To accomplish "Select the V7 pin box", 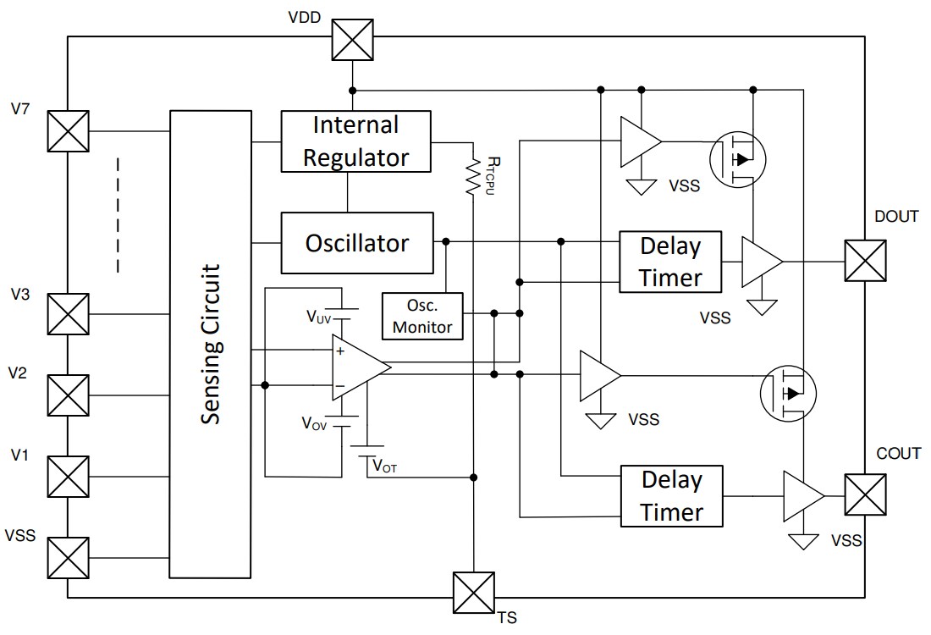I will tap(68, 131).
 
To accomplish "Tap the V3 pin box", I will tap(68, 314).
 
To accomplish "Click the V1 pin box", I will tap(68, 477).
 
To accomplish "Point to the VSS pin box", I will tap(68, 557).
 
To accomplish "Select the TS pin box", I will tap(473, 593).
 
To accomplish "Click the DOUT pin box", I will tap(865, 261).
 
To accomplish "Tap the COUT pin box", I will tap(865, 494).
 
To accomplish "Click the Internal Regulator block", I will tap(356, 141).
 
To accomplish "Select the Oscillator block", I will tap(356, 243).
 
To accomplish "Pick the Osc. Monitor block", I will tap(423, 316).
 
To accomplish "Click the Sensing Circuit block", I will tap(210, 345).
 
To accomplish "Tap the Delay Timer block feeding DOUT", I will tap(670, 262).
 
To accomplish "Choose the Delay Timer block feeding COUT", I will tap(672, 496).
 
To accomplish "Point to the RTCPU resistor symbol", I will tap(471, 177).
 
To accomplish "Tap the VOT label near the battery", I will tap(384, 466).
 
